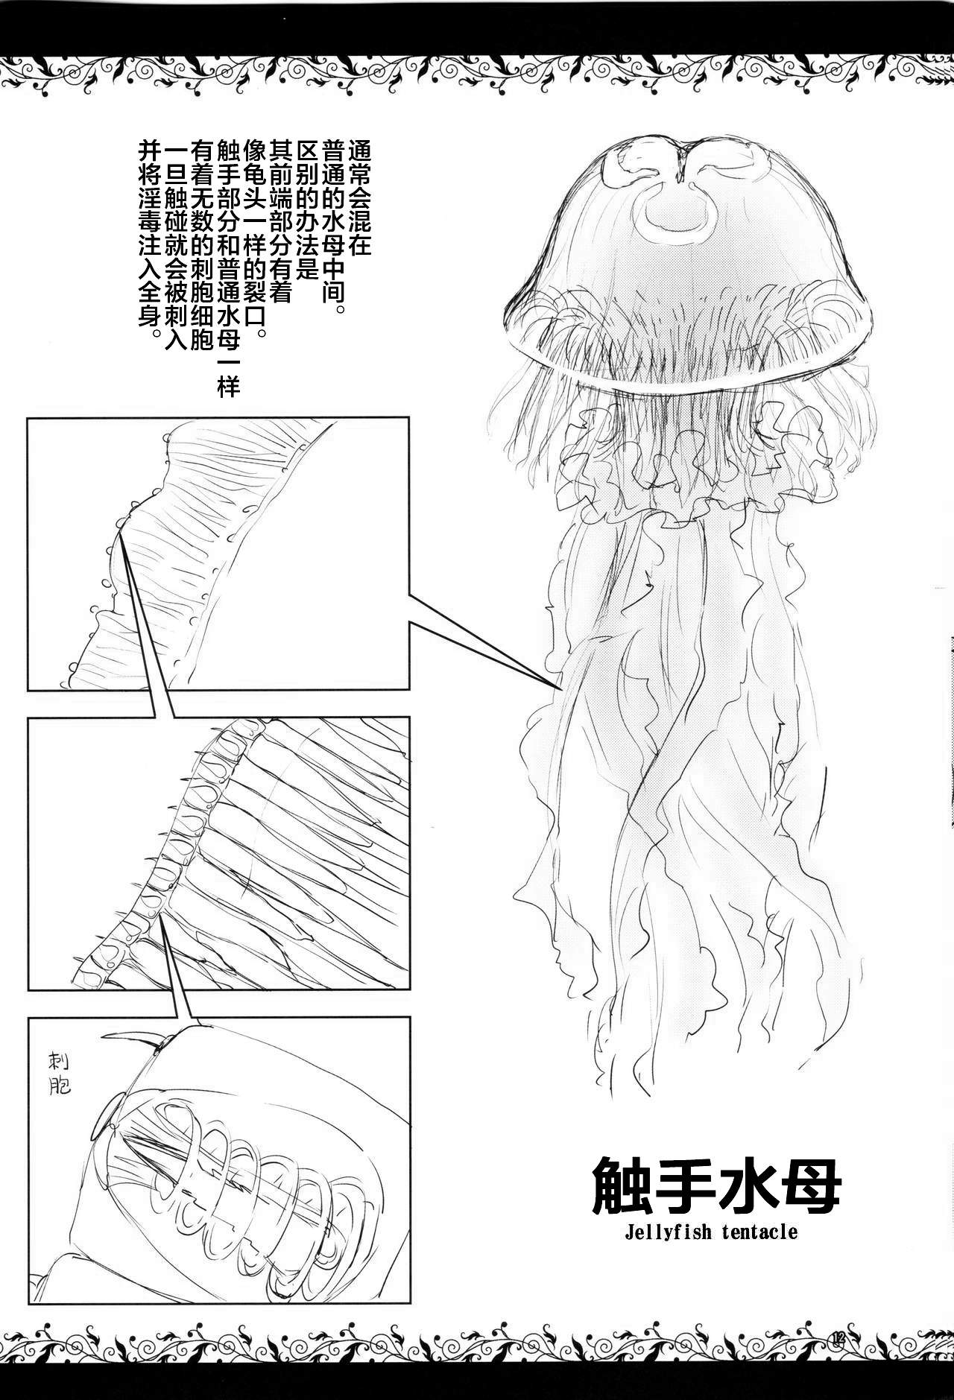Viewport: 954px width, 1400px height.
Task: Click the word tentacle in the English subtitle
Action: [760, 1230]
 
